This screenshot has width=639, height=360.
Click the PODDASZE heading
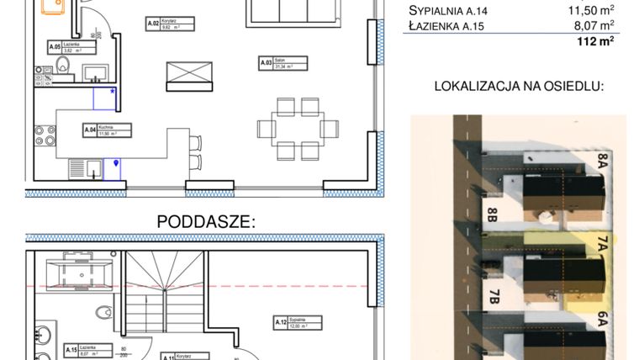(206, 221)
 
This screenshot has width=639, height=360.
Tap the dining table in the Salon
(298, 129)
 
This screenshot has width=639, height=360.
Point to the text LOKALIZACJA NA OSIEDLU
(519, 86)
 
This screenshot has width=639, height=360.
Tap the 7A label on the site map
(602, 245)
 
